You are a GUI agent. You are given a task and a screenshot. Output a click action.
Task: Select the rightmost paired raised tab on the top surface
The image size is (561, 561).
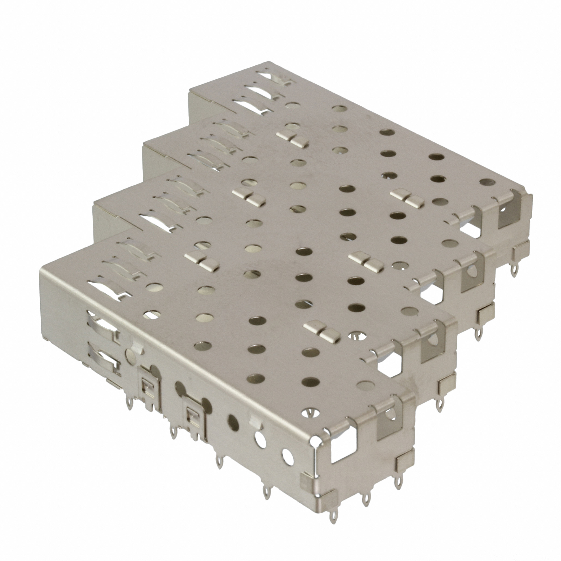407,197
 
